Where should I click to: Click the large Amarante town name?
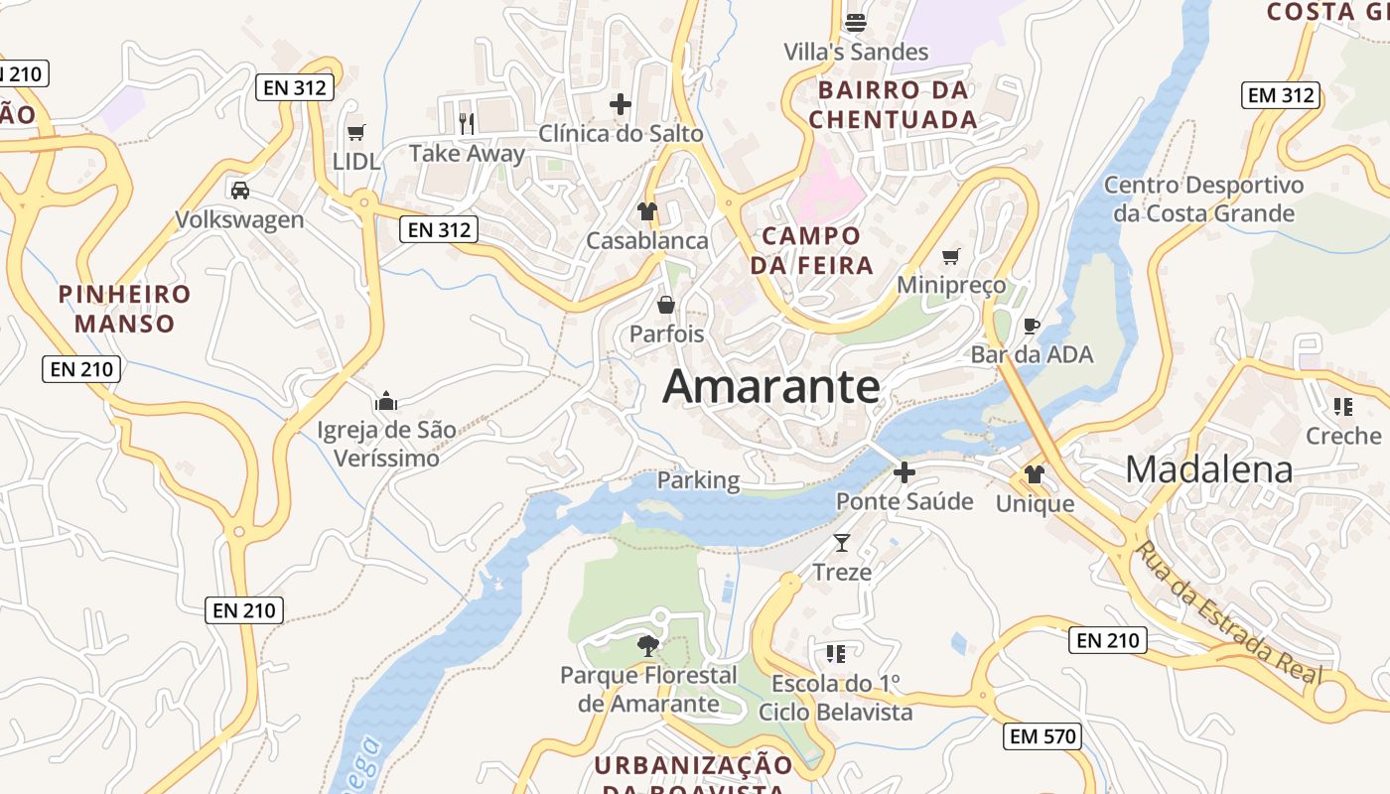pyautogui.click(x=770, y=386)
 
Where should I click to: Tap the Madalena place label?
pyautogui.click(x=1208, y=469)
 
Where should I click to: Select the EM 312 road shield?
pyautogui.click(x=1281, y=95)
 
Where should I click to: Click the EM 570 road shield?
pyautogui.click(x=1042, y=735)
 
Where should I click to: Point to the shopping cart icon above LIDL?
pyautogui.click(x=356, y=132)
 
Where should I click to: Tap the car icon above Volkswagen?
pyautogui.click(x=239, y=190)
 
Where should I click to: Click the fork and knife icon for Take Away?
pyautogui.click(x=467, y=123)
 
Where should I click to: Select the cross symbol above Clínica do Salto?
pyautogui.click(x=621, y=103)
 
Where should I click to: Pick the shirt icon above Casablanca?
pyautogui.click(x=647, y=210)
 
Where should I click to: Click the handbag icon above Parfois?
pyautogui.click(x=666, y=304)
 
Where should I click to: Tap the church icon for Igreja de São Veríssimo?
pyautogui.click(x=386, y=401)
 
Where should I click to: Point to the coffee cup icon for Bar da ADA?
pyautogui.click(x=1032, y=325)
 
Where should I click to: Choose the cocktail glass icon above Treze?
pyautogui.click(x=842, y=542)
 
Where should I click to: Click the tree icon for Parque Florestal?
pyautogui.click(x=648, y=646)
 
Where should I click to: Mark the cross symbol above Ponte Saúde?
pyautogui.click(x=903, y=472)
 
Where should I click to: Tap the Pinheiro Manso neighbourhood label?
pyautogui.click(x=124, y=309)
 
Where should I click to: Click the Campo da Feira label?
pyautogui.click(x=811, y=250)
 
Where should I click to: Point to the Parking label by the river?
pyautogui.click(x=698, y=480)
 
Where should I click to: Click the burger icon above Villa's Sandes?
pyautogui.click(x=856, y=22)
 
